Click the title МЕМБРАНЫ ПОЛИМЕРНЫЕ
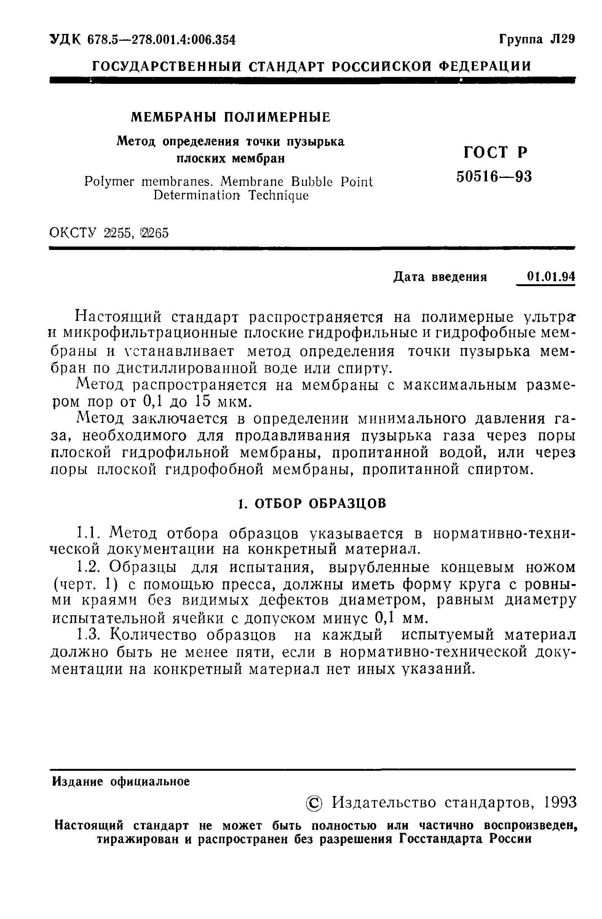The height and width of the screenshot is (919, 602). coord(231,117)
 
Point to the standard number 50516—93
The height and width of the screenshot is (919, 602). coord(494,176)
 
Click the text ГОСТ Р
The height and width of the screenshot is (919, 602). coord(495,152)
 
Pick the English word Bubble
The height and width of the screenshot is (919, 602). coord(311,181)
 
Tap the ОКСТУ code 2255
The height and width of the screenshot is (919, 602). coord(118,233)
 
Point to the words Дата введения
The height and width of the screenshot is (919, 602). coord(440,277)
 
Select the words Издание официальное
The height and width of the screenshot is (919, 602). coord(121,782)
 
